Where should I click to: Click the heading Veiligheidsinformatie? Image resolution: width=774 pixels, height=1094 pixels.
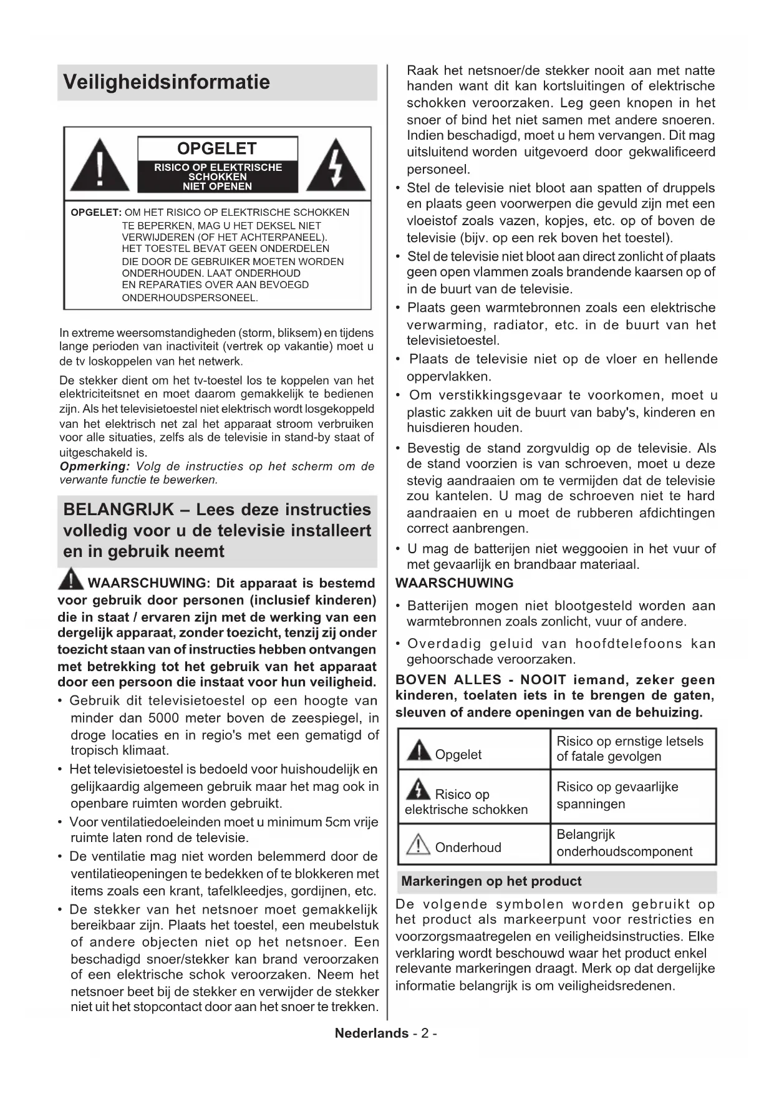click(x=167, y=82)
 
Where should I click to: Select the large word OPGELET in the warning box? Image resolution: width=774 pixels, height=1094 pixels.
click(x=217, y=148)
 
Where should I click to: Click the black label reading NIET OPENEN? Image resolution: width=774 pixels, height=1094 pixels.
click(x=217, y=186)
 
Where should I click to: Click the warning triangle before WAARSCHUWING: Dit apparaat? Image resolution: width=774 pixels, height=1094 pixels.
click(x=71, y=579)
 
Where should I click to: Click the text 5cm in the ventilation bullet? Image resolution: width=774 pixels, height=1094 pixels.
click(x=338, y=822)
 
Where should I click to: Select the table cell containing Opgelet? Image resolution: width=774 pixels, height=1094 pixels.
click(x=474, y=749)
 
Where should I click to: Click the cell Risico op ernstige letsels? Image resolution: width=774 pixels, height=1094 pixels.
click(x=632, y=749)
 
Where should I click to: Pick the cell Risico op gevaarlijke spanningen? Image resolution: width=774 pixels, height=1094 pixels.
click(x=632, y=796)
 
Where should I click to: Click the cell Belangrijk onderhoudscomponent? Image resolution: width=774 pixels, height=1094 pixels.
click(x=632, y=843)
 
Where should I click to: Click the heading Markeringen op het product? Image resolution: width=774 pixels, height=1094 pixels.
click(x=491, y=881)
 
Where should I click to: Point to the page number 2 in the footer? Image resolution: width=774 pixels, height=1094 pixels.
click(x=425, y=1033)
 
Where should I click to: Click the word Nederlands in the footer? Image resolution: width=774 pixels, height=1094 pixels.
click(x=372, y=1033)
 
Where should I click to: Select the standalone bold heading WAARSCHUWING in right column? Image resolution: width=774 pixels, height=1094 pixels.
click(x=455, y=583)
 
